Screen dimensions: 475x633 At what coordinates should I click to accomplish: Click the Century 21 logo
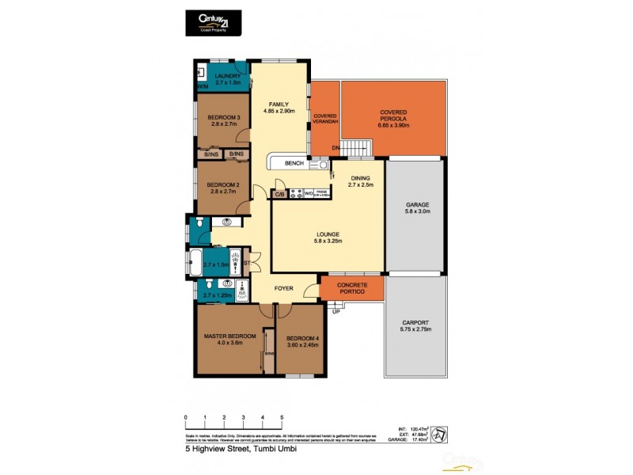[209, 22]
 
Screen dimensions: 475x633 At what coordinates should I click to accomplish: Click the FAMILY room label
[278, 104]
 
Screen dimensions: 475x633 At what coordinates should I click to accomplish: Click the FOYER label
[285, 289]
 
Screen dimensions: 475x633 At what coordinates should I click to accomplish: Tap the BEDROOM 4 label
[301, 338]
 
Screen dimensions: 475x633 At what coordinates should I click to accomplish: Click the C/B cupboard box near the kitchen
[279, 193]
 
